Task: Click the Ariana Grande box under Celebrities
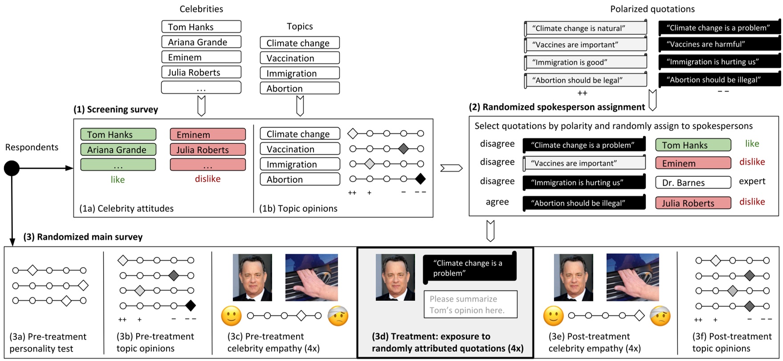(x=201, y=42)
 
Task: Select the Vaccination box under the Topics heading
(x=299, y=58)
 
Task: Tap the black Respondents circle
(x=12, y=168)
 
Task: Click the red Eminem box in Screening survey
(x=208, y=134)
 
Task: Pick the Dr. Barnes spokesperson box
(x=693, y=183)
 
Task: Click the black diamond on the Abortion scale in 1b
(x=420, y=179)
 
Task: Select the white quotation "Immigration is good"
(x=585, y=62)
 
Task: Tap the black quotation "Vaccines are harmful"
(x=719, y=44)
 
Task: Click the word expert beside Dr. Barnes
(x=752, y=181)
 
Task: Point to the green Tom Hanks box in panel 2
(x=693, y=145)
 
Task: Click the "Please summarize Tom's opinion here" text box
(x=470, y=304)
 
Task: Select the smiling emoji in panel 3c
(x=232, y=316)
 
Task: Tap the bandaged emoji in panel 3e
(x=660, y=316)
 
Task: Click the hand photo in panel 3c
(x=311, y=277)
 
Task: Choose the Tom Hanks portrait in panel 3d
(x=395, y=277)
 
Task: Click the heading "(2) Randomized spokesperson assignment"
(x=556, y=107)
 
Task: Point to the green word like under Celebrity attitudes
(x=118, y=179)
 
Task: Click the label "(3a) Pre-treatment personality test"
(x=48, y=342)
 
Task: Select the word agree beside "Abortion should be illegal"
(x=497, y=202)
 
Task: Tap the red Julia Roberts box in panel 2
(x=693, y=203)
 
